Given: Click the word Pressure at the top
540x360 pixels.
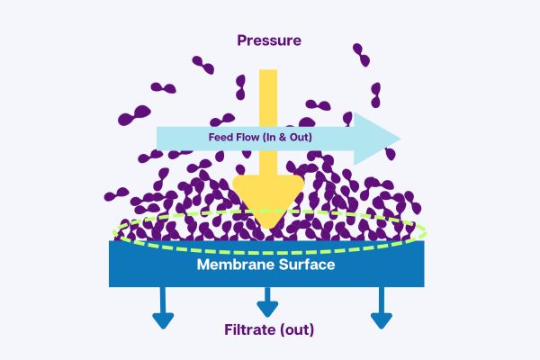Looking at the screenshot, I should (x=269, y=40).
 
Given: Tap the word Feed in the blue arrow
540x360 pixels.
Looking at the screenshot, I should (x=222, y=138).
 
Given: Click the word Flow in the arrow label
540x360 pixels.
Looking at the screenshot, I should (x=249, y=138).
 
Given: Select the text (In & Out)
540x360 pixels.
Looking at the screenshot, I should (x=294, y=138).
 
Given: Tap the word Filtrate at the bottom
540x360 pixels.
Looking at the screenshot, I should (x=247, y=329).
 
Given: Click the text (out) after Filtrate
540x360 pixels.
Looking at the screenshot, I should (x=296, y=329).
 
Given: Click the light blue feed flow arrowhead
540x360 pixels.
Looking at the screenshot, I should (x=378, y=138).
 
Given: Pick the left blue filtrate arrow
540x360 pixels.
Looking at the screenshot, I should (x=163, y=310).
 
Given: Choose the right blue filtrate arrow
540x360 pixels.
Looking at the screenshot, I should (x=382, y=310).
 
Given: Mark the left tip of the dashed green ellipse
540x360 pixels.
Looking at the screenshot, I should (x=113, y=232).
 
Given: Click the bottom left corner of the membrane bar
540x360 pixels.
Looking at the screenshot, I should (x=110, y=285).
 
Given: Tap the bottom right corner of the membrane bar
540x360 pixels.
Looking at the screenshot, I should (x=424, y=285).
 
